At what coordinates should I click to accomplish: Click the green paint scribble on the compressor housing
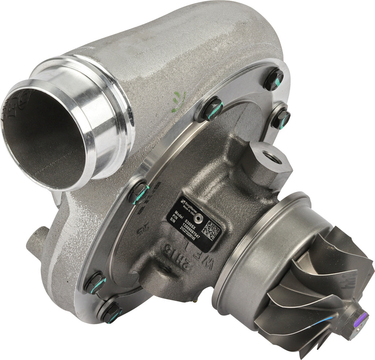(179, 98)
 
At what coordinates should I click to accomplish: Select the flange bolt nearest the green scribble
(213, 109)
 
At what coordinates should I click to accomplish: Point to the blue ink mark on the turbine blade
(322, 322)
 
